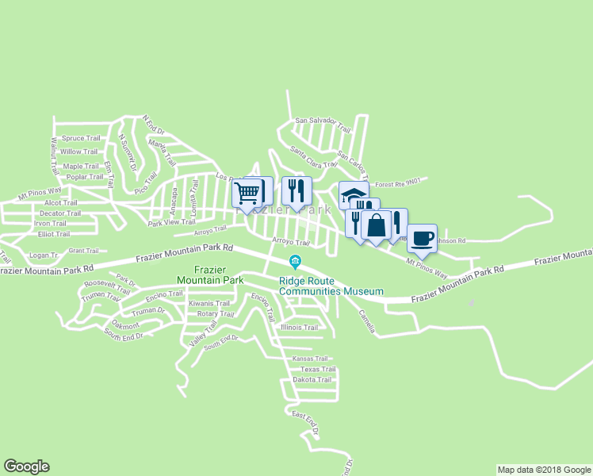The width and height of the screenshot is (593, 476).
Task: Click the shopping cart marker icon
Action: point(247,192)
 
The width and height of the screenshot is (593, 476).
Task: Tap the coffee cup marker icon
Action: point(422,239)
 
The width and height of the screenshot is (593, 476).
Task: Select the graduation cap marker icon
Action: point(352,195)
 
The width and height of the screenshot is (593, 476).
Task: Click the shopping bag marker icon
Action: point(376,225)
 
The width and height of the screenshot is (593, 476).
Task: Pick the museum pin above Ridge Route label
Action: point(295,262)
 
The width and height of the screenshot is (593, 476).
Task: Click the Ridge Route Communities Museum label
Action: point(331,286)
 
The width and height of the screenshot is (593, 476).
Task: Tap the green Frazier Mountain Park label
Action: point(210,274)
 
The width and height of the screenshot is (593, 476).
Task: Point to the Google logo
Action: point(26,466)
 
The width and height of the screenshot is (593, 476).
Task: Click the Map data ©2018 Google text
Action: point(543,470)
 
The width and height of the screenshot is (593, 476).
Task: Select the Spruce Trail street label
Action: point(81,138)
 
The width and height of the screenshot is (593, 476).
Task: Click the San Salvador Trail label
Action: point(322,122)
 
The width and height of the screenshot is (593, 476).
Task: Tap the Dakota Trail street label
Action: point(312,380)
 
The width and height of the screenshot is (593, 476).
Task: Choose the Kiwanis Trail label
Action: point(209,303)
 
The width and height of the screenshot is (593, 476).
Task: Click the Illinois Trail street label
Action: point(299,327)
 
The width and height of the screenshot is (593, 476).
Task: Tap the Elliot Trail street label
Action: point(54,234)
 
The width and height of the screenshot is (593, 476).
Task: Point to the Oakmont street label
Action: point(125,324)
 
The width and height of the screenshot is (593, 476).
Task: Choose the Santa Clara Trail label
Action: point(308,152)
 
